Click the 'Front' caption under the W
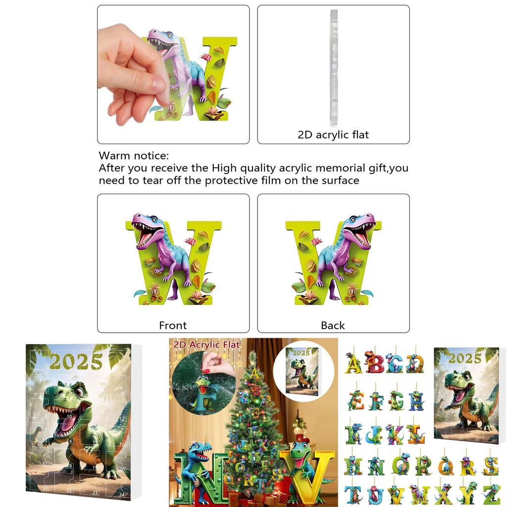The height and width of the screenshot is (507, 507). (173, 325)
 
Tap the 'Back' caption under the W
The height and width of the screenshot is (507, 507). (333, 325)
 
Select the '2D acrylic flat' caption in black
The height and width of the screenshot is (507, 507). (333, 134)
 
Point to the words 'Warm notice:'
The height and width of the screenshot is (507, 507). (134, 156)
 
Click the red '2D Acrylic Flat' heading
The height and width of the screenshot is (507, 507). (206, 345)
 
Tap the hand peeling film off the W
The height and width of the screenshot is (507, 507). (130, 69)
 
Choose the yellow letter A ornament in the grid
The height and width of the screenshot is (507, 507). (354, 364)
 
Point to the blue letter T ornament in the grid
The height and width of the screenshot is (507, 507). (354, 494)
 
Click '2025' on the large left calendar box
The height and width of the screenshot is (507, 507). (76, 362)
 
